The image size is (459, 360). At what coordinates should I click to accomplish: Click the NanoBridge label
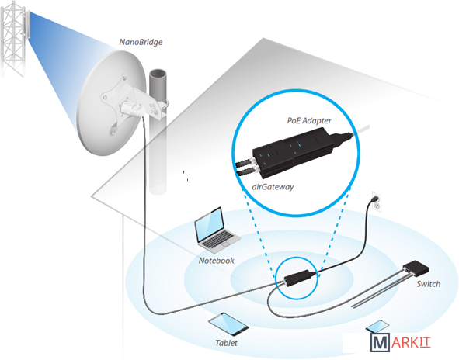click(141, 42)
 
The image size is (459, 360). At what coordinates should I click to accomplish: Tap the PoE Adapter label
click(309, 120)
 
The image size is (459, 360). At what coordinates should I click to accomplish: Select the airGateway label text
click(273, 187)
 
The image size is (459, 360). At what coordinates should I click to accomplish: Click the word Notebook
click(217, 261)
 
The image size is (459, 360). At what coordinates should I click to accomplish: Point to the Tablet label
click(226, 343)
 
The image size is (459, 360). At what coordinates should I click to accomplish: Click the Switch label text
click(429, 284)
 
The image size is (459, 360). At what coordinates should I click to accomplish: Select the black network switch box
click(416, 268)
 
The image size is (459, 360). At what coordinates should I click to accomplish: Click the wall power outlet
click(377, 202)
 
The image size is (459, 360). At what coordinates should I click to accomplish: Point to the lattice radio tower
click(12, 39)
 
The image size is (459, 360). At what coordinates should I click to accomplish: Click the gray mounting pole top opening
click(158, 74)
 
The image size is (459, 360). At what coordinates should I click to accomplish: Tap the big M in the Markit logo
click(380, 342)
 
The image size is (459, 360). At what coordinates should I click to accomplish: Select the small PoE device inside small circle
click(298, 277)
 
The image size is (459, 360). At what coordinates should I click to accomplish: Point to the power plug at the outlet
click(374, 199)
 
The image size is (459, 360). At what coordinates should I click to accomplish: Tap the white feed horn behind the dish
click(132, 109)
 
